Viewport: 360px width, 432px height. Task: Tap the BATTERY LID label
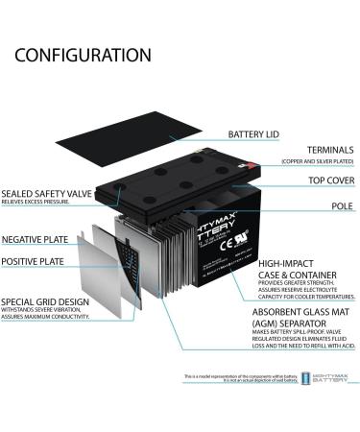coord(256,133)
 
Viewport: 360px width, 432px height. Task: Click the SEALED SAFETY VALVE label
coord(46,193)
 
